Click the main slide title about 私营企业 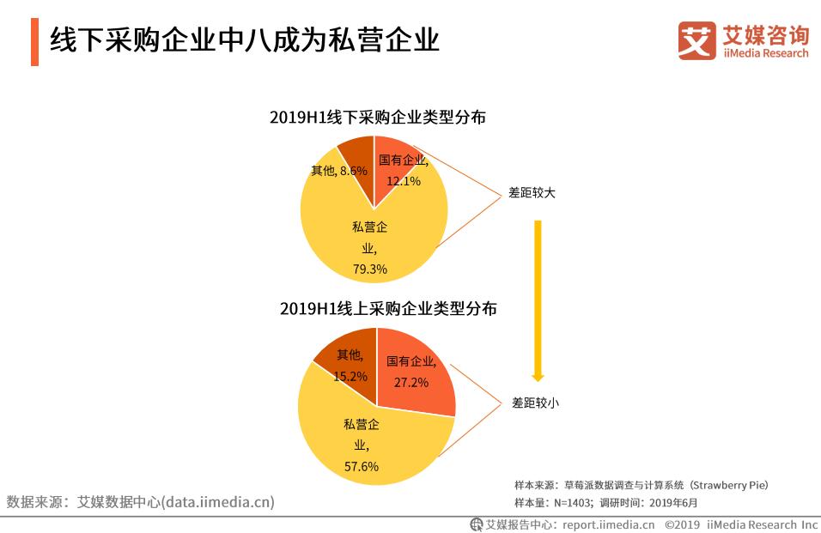pyautogui.click(x=245, y=40)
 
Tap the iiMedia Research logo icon pyautogui.click(x=696, y=40)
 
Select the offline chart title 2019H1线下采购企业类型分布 pyautogui.click(x=377, y=117)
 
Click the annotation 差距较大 pyautogui.click(x=532, y=193)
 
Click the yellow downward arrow pyautogui.click(x=538, y=300)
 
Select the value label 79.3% pyautogui.click(x=370, y=269)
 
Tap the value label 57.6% pyautogui.click(x=361, y=466)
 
